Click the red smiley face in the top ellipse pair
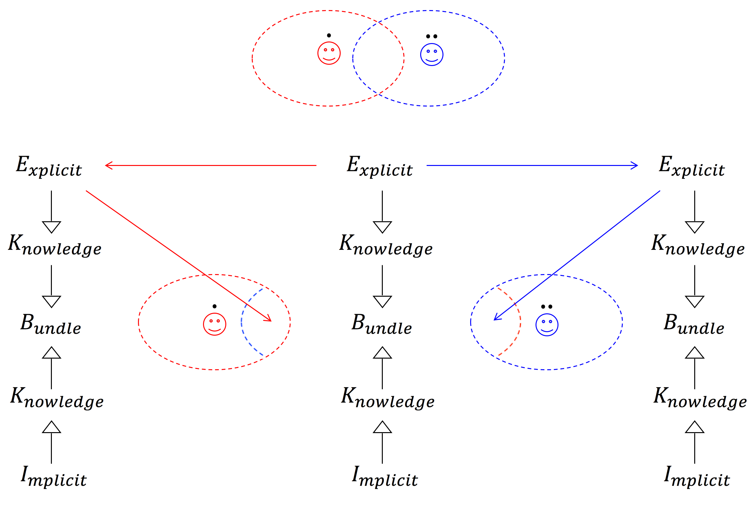coord(329,53)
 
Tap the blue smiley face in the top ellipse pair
coord(431,55)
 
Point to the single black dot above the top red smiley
coord(329,36)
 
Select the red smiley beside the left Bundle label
coord(215,324)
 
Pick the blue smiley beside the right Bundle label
coord(547,325)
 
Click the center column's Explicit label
coord(379,166)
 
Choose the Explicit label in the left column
coord(49,166)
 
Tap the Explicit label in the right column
coord(691,166)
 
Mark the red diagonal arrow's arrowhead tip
coord(271,321)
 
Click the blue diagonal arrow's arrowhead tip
coord(494,320)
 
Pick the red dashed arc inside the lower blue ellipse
coord(519,323)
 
